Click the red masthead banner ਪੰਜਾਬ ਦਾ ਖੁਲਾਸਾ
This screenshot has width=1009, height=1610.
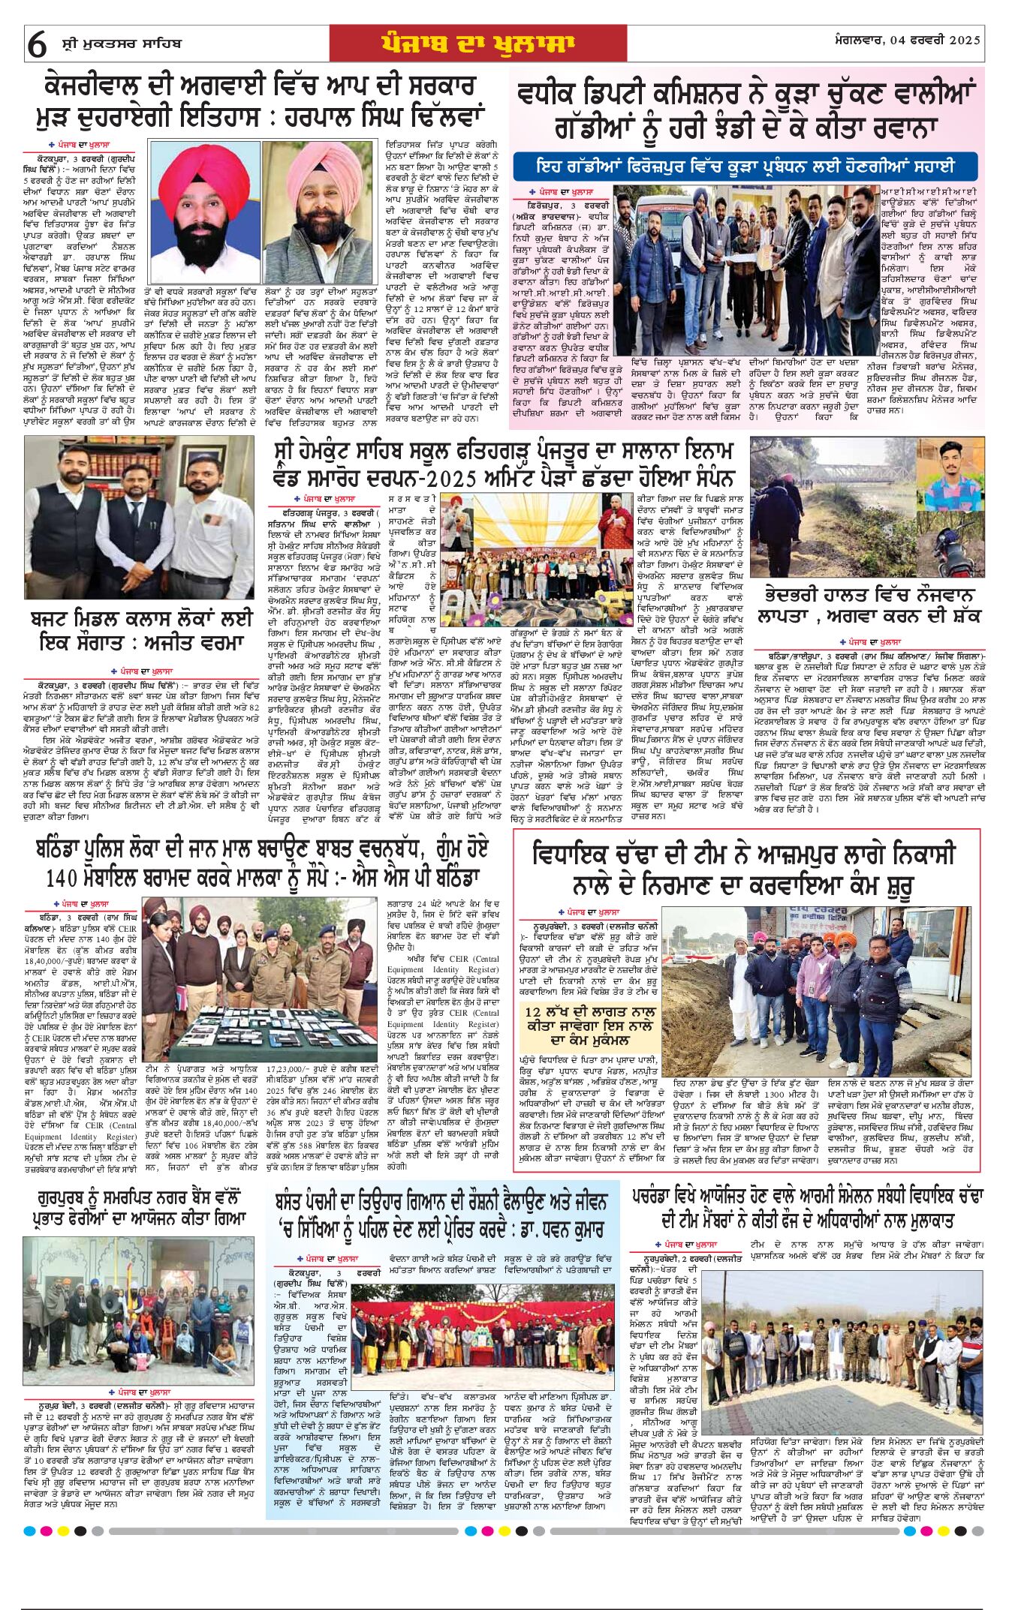pyautogui.click(x=477, y=44)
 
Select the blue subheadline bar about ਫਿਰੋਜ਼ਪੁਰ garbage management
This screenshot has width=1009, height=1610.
pyautogui.click(x=745, y=166)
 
